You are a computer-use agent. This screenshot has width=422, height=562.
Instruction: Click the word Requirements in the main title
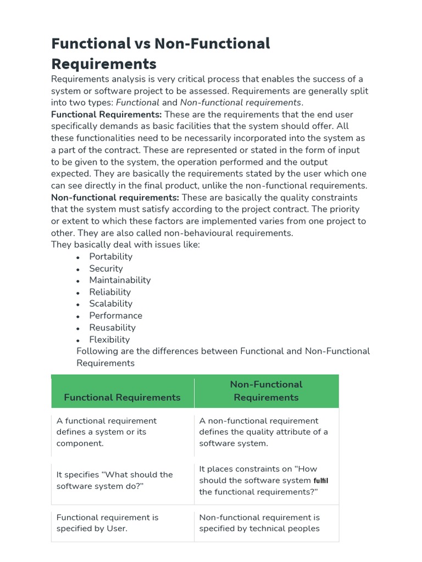104,64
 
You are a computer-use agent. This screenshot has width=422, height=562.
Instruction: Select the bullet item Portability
110,256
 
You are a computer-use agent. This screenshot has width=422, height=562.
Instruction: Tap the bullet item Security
106,268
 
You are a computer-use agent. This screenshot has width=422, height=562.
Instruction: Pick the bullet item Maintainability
120,280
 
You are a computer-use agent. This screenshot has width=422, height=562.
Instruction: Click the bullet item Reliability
110,292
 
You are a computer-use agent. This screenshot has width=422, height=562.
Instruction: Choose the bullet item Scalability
110,304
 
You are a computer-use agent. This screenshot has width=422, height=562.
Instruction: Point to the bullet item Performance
115,316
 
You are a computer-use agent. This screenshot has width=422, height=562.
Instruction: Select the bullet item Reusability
112,328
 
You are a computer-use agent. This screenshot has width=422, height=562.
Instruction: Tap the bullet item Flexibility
109,340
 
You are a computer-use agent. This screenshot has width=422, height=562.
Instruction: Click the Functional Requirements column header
122,397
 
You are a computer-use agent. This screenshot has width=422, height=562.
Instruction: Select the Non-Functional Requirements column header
266,391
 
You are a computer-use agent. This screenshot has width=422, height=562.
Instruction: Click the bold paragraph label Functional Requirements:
107,115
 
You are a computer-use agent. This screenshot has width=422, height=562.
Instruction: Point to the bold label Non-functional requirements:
115,198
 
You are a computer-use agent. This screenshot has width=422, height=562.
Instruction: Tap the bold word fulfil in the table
321,481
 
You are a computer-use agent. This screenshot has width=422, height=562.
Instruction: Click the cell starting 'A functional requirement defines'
107,432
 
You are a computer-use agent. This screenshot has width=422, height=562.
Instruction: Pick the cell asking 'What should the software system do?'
114,480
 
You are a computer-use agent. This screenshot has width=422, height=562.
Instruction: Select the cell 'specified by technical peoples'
259,523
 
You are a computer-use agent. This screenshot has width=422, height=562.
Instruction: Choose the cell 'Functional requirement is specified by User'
107,523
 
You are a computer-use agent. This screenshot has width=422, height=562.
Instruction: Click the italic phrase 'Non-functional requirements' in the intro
240,103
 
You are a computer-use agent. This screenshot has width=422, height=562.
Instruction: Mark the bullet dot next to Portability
79,257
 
